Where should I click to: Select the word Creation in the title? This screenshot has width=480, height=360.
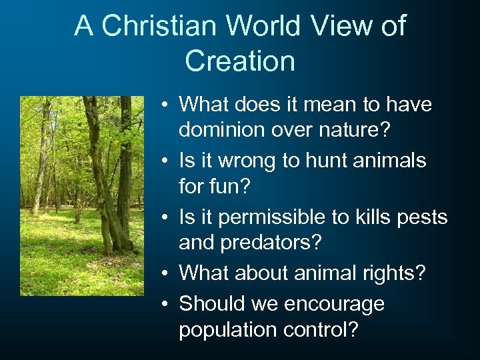[x=240, y=61]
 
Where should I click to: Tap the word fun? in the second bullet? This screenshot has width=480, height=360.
[x=229, y=188]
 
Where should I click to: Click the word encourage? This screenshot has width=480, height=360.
[x=334, y=304]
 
